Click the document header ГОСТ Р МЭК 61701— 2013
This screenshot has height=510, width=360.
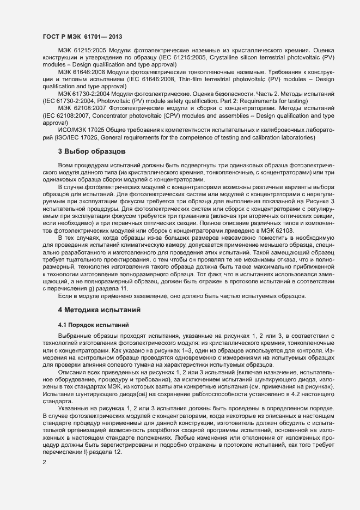(x=82, y=37)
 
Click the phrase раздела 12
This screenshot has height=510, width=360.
(x=107, y=445)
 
